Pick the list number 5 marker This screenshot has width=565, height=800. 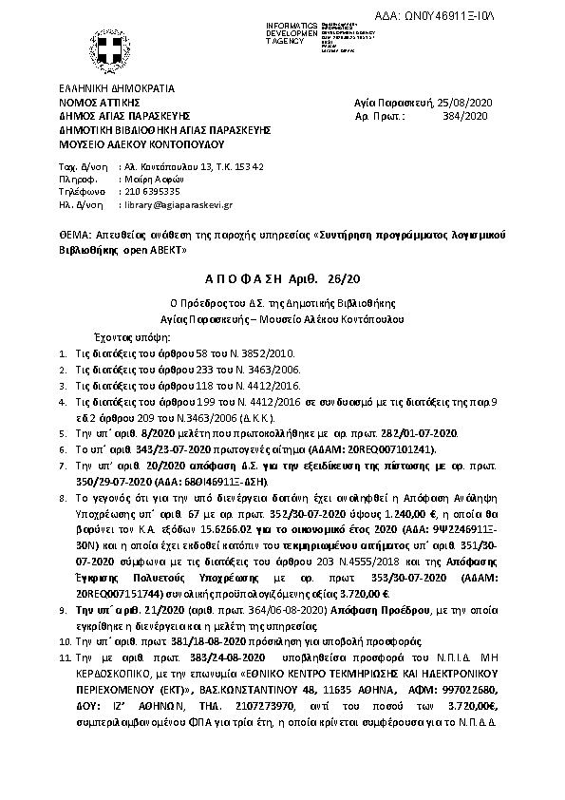pos(62,431)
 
